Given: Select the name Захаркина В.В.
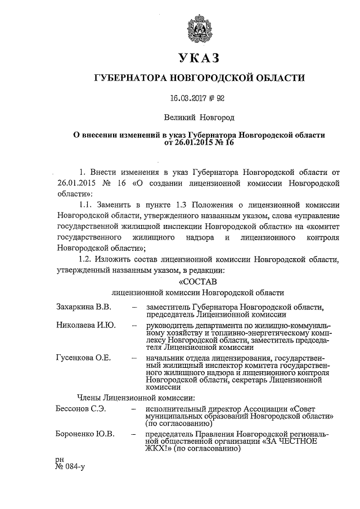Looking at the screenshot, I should [84, 307].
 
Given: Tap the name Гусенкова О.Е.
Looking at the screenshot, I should [84, 358].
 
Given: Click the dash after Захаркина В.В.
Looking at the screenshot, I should [134, 307].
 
